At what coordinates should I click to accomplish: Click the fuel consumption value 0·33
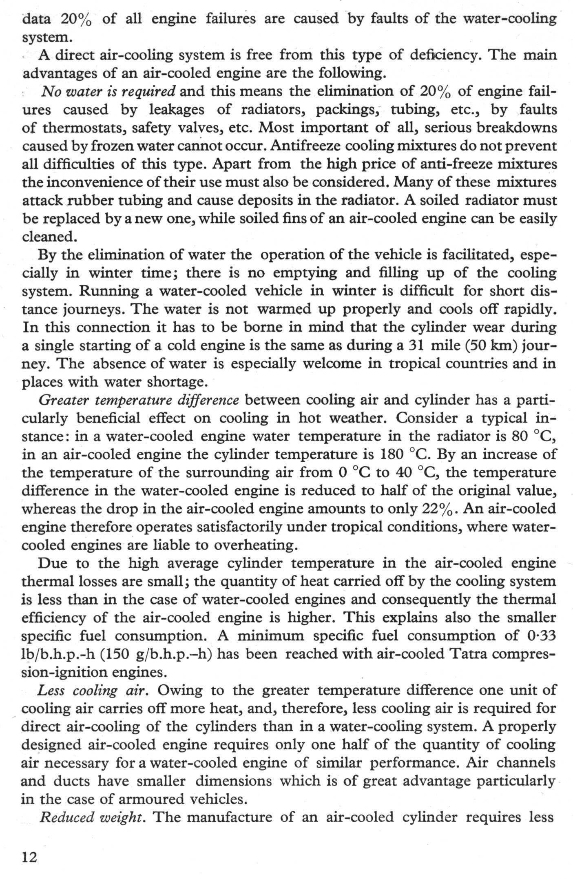coord(540,635)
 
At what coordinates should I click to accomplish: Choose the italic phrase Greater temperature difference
coord(139,400)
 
